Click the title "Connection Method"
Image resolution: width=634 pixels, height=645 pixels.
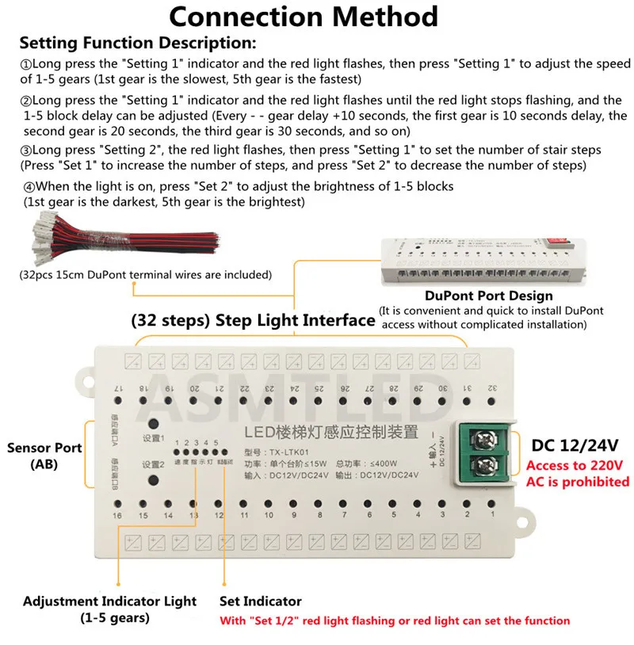pos(304,17)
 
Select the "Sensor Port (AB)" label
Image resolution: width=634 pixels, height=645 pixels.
pos(44,456)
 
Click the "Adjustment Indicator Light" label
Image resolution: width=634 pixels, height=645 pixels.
pos(109,602)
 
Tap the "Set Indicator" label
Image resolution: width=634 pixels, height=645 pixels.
pos(261,602)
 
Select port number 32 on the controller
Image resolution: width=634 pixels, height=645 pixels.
pos(492,388)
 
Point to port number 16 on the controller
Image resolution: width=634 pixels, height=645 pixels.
pos(117,516)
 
